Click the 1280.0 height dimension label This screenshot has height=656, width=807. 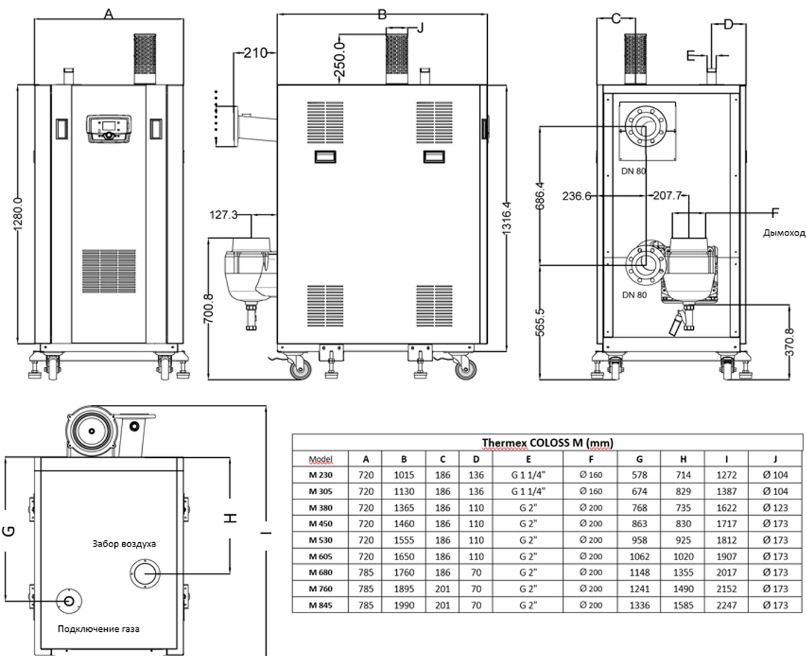[x=18, y=213]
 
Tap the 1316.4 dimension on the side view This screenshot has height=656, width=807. [x=506, y=217]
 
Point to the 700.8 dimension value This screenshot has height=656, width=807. [x=209, y=308]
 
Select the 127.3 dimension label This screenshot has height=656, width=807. [x=223, y=215]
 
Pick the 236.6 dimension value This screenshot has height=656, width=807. [x=576, y=196]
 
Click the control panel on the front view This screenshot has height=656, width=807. [x=110, y=129]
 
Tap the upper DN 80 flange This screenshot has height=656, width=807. [x=644, y=128]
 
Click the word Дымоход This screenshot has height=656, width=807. [x=784, y=233]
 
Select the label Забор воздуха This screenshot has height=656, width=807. [x=124, y=544]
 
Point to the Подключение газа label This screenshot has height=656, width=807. [x=99, y=629]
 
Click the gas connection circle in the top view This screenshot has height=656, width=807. [x=69, y=601]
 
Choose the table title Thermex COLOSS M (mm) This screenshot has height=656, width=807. [x=547, y=443]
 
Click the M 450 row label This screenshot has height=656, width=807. [x=320, y=523]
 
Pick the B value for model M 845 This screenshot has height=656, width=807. [x=403, y=605]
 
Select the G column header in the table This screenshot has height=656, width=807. [x=639, y=459]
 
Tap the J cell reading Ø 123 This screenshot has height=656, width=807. [x=775, y=507]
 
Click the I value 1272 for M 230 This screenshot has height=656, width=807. [x=726, y=475]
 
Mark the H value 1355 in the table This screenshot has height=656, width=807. [x=683, y=572]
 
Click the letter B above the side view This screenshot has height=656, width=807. [x=382, y=14]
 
